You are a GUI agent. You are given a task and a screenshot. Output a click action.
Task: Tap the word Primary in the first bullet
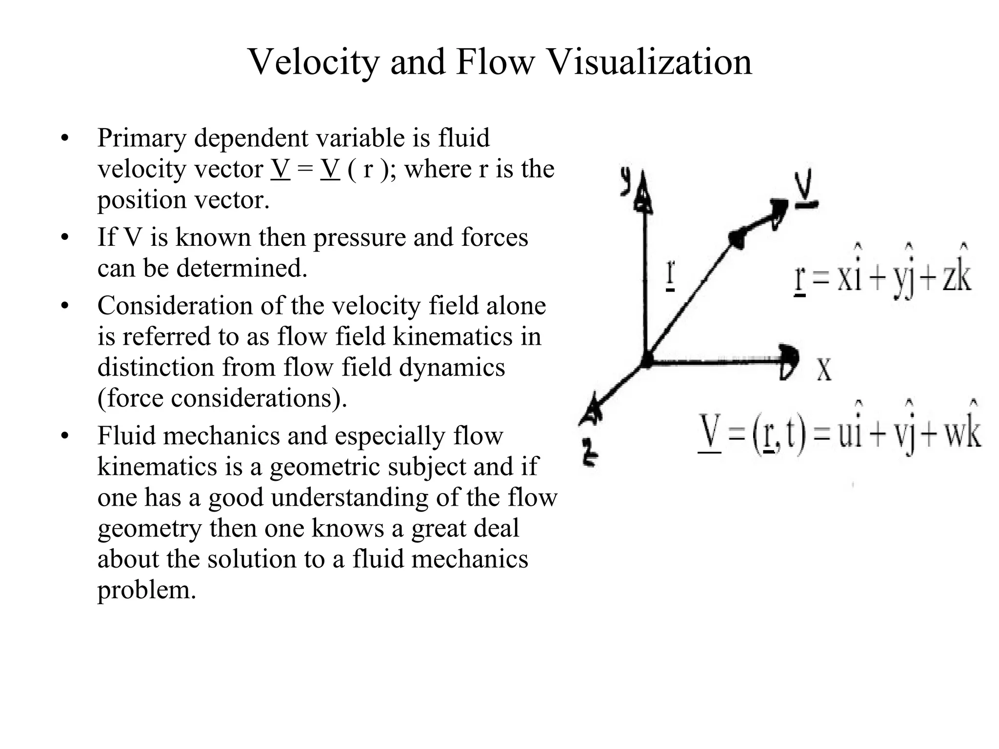141,138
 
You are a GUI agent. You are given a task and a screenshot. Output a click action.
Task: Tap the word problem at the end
146,590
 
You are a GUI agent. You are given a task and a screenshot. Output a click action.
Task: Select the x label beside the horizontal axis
824,370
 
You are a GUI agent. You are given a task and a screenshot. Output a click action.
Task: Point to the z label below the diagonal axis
590,453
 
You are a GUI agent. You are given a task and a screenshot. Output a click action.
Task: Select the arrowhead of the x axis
788,361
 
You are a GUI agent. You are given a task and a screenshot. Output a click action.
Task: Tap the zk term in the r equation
956,277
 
